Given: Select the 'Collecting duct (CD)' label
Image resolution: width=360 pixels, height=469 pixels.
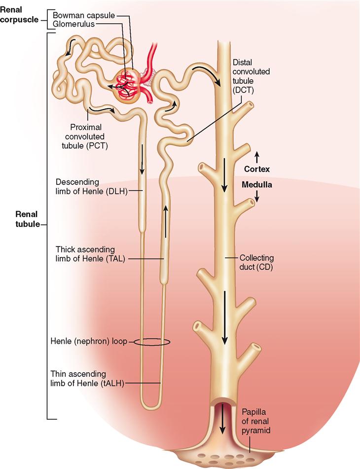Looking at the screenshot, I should (256, 262).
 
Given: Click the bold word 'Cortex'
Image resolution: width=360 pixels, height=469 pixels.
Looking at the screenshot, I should (257, 169).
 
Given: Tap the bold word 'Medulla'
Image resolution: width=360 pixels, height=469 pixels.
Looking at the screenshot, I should (257, 185).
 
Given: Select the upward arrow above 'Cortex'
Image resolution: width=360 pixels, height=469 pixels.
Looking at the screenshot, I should (257, 157).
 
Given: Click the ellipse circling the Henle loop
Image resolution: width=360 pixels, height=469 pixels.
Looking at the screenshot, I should (152, 342).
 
